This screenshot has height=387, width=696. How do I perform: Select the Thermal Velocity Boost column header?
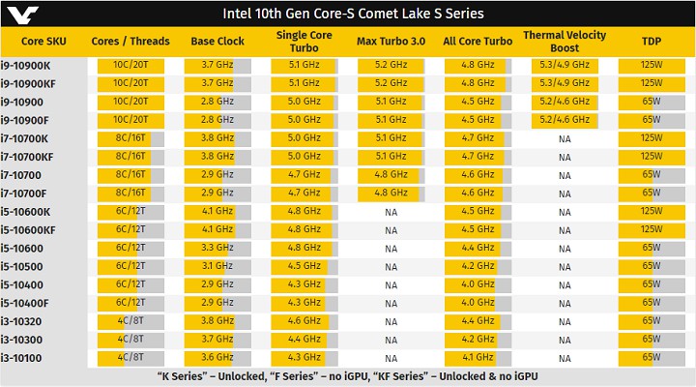coord(565,41)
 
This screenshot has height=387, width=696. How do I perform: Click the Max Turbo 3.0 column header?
coord(391,41)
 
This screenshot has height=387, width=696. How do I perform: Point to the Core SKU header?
coord(43,41)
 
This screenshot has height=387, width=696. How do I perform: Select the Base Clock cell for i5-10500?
coord(217,266)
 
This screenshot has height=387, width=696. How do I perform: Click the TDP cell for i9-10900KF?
coord(651,83)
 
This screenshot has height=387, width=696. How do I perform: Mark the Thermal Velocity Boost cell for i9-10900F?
coord(565,120)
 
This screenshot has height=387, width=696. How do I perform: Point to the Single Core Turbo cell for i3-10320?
coord(304,321)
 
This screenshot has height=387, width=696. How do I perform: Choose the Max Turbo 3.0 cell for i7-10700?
coord(391,174)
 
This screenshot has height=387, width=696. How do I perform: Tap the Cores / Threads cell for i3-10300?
coord(130,340)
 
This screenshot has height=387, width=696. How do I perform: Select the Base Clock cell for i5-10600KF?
coord(217,229)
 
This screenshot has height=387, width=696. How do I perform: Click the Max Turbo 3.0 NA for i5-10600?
coord(391,248)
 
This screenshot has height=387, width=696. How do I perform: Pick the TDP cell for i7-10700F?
coord(651,193)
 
